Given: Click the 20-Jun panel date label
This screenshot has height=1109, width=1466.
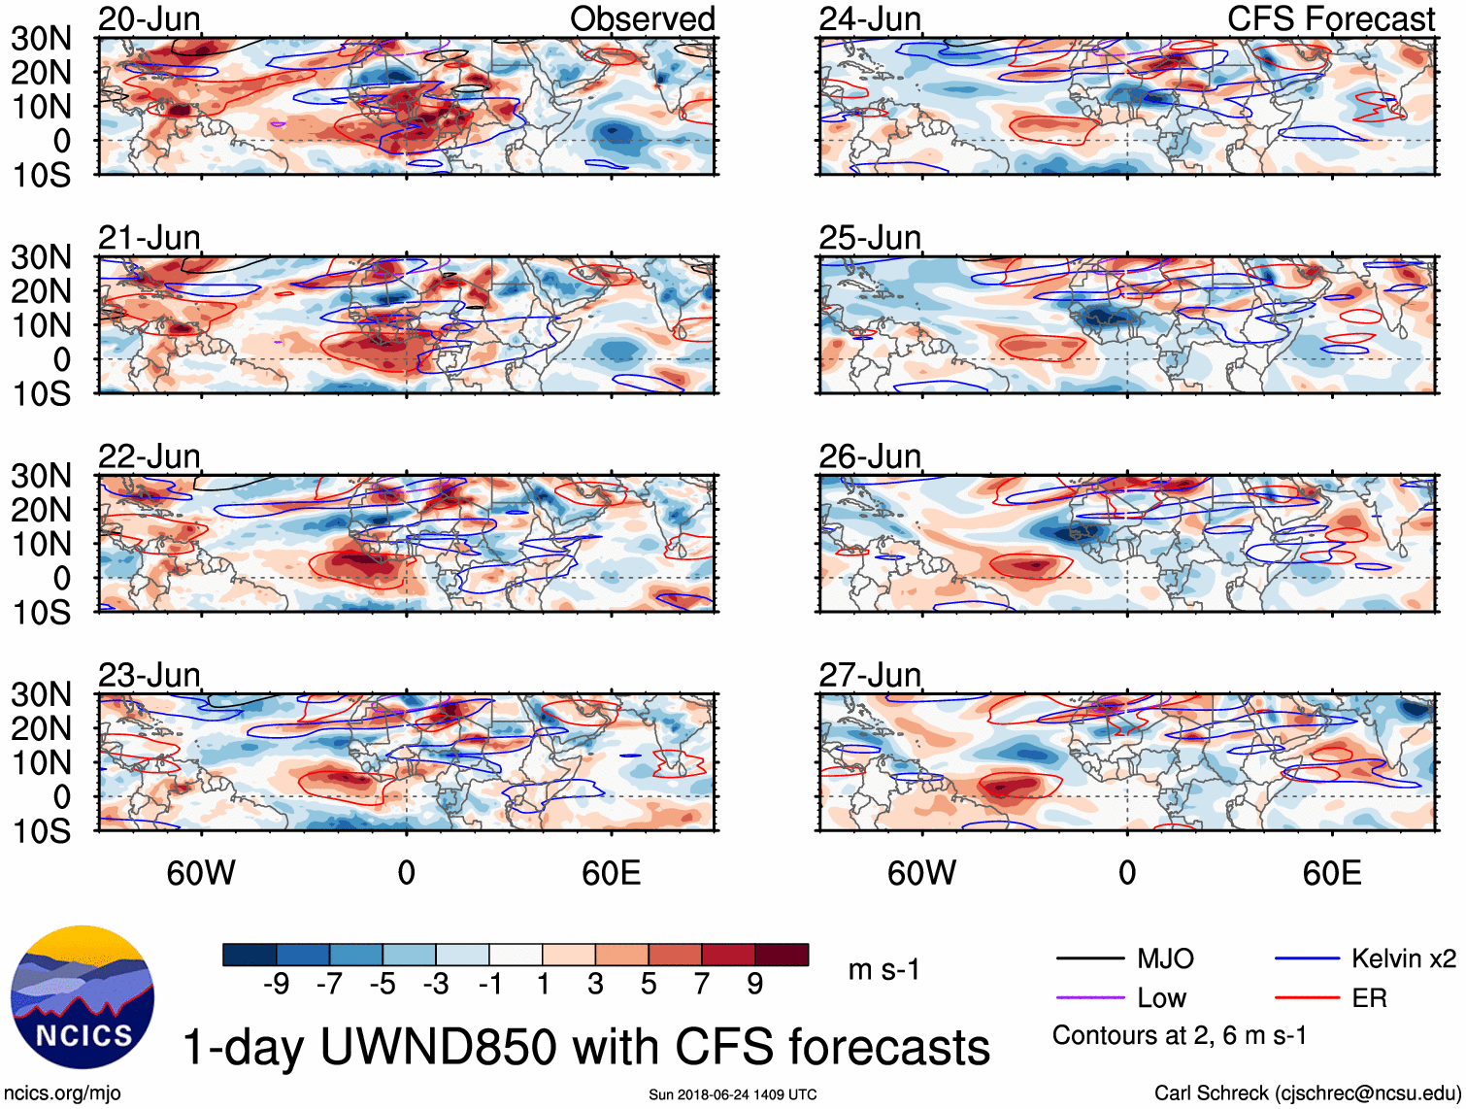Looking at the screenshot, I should click(x=150, y=18).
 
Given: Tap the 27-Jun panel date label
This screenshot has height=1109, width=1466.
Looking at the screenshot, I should click(x=870, y=675).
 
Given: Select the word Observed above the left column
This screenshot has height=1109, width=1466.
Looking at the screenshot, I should click(x=642, y=18).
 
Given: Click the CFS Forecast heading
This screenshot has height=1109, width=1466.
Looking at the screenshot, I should click(x=1331, y=18).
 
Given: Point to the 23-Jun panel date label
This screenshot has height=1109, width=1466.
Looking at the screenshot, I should click(x=150, y=675).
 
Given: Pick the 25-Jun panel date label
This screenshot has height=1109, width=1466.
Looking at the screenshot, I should click(x=870, y=238).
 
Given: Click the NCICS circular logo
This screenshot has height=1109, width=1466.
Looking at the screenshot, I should click(x=83, y=997).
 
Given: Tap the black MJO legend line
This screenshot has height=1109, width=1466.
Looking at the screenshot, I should click(x=1089, y=959).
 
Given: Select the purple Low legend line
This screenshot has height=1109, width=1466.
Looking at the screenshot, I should click(x=1089, y=998).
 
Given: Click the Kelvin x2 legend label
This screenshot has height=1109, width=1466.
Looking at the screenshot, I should click(x=1403, y=959).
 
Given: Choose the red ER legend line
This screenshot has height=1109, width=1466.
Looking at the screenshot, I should click(x=1307, y=998).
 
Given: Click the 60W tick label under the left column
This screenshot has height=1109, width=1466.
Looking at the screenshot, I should click(x=201, y=873).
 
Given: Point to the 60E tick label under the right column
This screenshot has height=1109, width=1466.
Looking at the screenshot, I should click(x=1331, y=873).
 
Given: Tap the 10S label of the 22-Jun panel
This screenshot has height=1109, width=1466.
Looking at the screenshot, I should click(x=41, y=613).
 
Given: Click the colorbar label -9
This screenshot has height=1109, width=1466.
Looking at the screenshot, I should click(x=276, y=984).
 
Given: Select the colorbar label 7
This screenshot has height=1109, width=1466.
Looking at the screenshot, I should click(x=702, y=984).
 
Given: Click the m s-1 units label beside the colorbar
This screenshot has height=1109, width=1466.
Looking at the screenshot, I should click(x=883, y=969).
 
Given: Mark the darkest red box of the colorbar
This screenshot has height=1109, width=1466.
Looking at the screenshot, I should click(x=782, y=955).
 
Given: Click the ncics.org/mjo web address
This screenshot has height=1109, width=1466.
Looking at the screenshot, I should click(x=62, y=1093).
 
